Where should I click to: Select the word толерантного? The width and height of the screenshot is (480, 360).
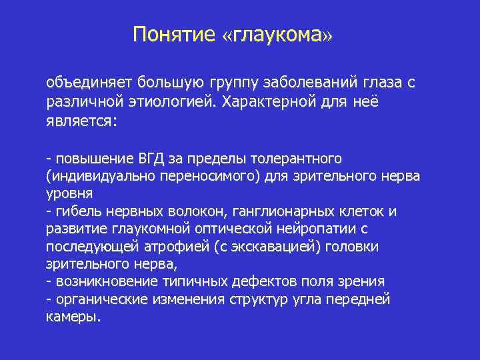tap(298, 159)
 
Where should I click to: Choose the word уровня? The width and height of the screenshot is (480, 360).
tap(69, 194)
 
